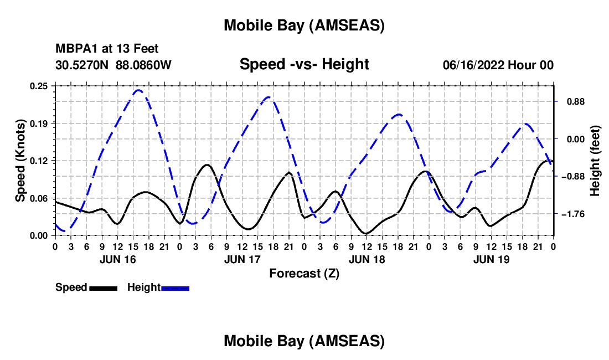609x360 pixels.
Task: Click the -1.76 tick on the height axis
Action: [x=572, y=214]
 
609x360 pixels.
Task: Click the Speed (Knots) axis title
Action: [x=20, y=161]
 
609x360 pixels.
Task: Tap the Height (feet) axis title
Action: [x=595, y=161]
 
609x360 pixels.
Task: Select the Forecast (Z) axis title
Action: [x=304, y=273]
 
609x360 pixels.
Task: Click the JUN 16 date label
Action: [x=118, y=259]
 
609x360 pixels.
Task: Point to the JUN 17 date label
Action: [x=242, y=259]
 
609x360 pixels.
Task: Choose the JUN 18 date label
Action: [x=367, y=259]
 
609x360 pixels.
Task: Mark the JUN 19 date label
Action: [x=491, y=259]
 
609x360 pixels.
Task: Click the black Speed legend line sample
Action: [x=103, y=288]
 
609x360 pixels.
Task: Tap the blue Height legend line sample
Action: [x=175, y=288]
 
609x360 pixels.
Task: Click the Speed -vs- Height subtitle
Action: [x=304, y=64]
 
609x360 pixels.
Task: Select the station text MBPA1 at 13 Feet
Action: [x=107, y=49]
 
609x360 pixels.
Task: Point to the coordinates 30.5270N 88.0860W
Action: [x=113, y=65]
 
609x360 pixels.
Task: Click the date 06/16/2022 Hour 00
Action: [x=498, y=65]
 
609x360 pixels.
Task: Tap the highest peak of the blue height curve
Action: [x=138, y=90]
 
